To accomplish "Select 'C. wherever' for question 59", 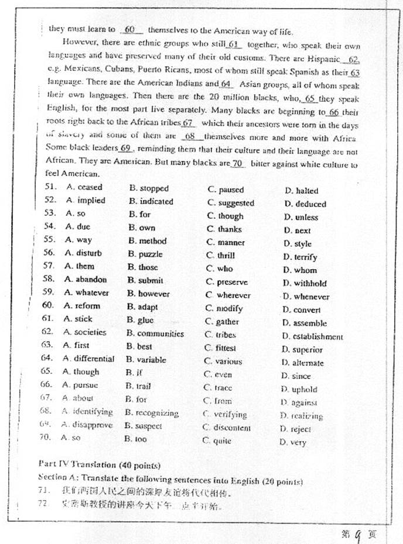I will (228, 295).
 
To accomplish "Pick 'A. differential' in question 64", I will (88, 359).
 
